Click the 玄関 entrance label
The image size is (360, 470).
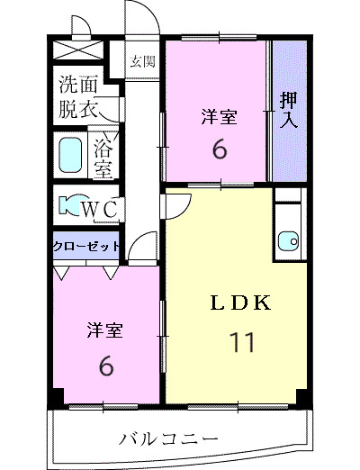click(141, 61)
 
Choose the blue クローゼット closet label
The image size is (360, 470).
click(85, 246)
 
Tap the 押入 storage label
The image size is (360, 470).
click(288, 110)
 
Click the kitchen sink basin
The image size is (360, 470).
click(287, 239)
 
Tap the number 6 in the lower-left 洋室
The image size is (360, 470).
click(104, 366)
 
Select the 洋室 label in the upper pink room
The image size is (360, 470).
click(219, 116)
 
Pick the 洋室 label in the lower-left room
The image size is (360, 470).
click(104, 330)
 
